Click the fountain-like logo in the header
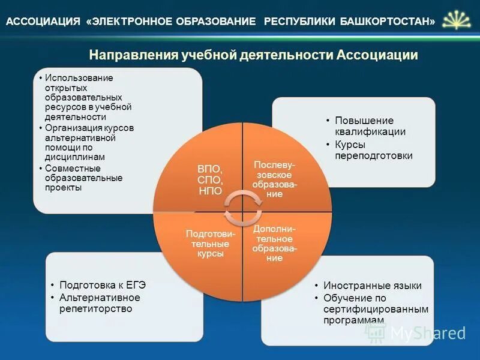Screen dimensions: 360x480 [x=457, y=20]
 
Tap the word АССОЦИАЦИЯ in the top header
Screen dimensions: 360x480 [x=43, y=22]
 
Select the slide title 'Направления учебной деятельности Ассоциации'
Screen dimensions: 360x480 [x=253, y=55]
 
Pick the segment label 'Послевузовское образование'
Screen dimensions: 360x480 [x=275, y=179]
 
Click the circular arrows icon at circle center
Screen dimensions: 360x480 [x=242, y=207]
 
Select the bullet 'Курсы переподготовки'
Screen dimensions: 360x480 [x=374, y=150]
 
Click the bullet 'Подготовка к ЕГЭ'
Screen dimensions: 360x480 [x=102, y=286]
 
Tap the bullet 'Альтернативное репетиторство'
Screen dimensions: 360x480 [x=99, y=303]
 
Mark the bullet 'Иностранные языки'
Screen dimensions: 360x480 [x=372, y=286]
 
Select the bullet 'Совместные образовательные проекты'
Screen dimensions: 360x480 [x=84, y=178]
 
